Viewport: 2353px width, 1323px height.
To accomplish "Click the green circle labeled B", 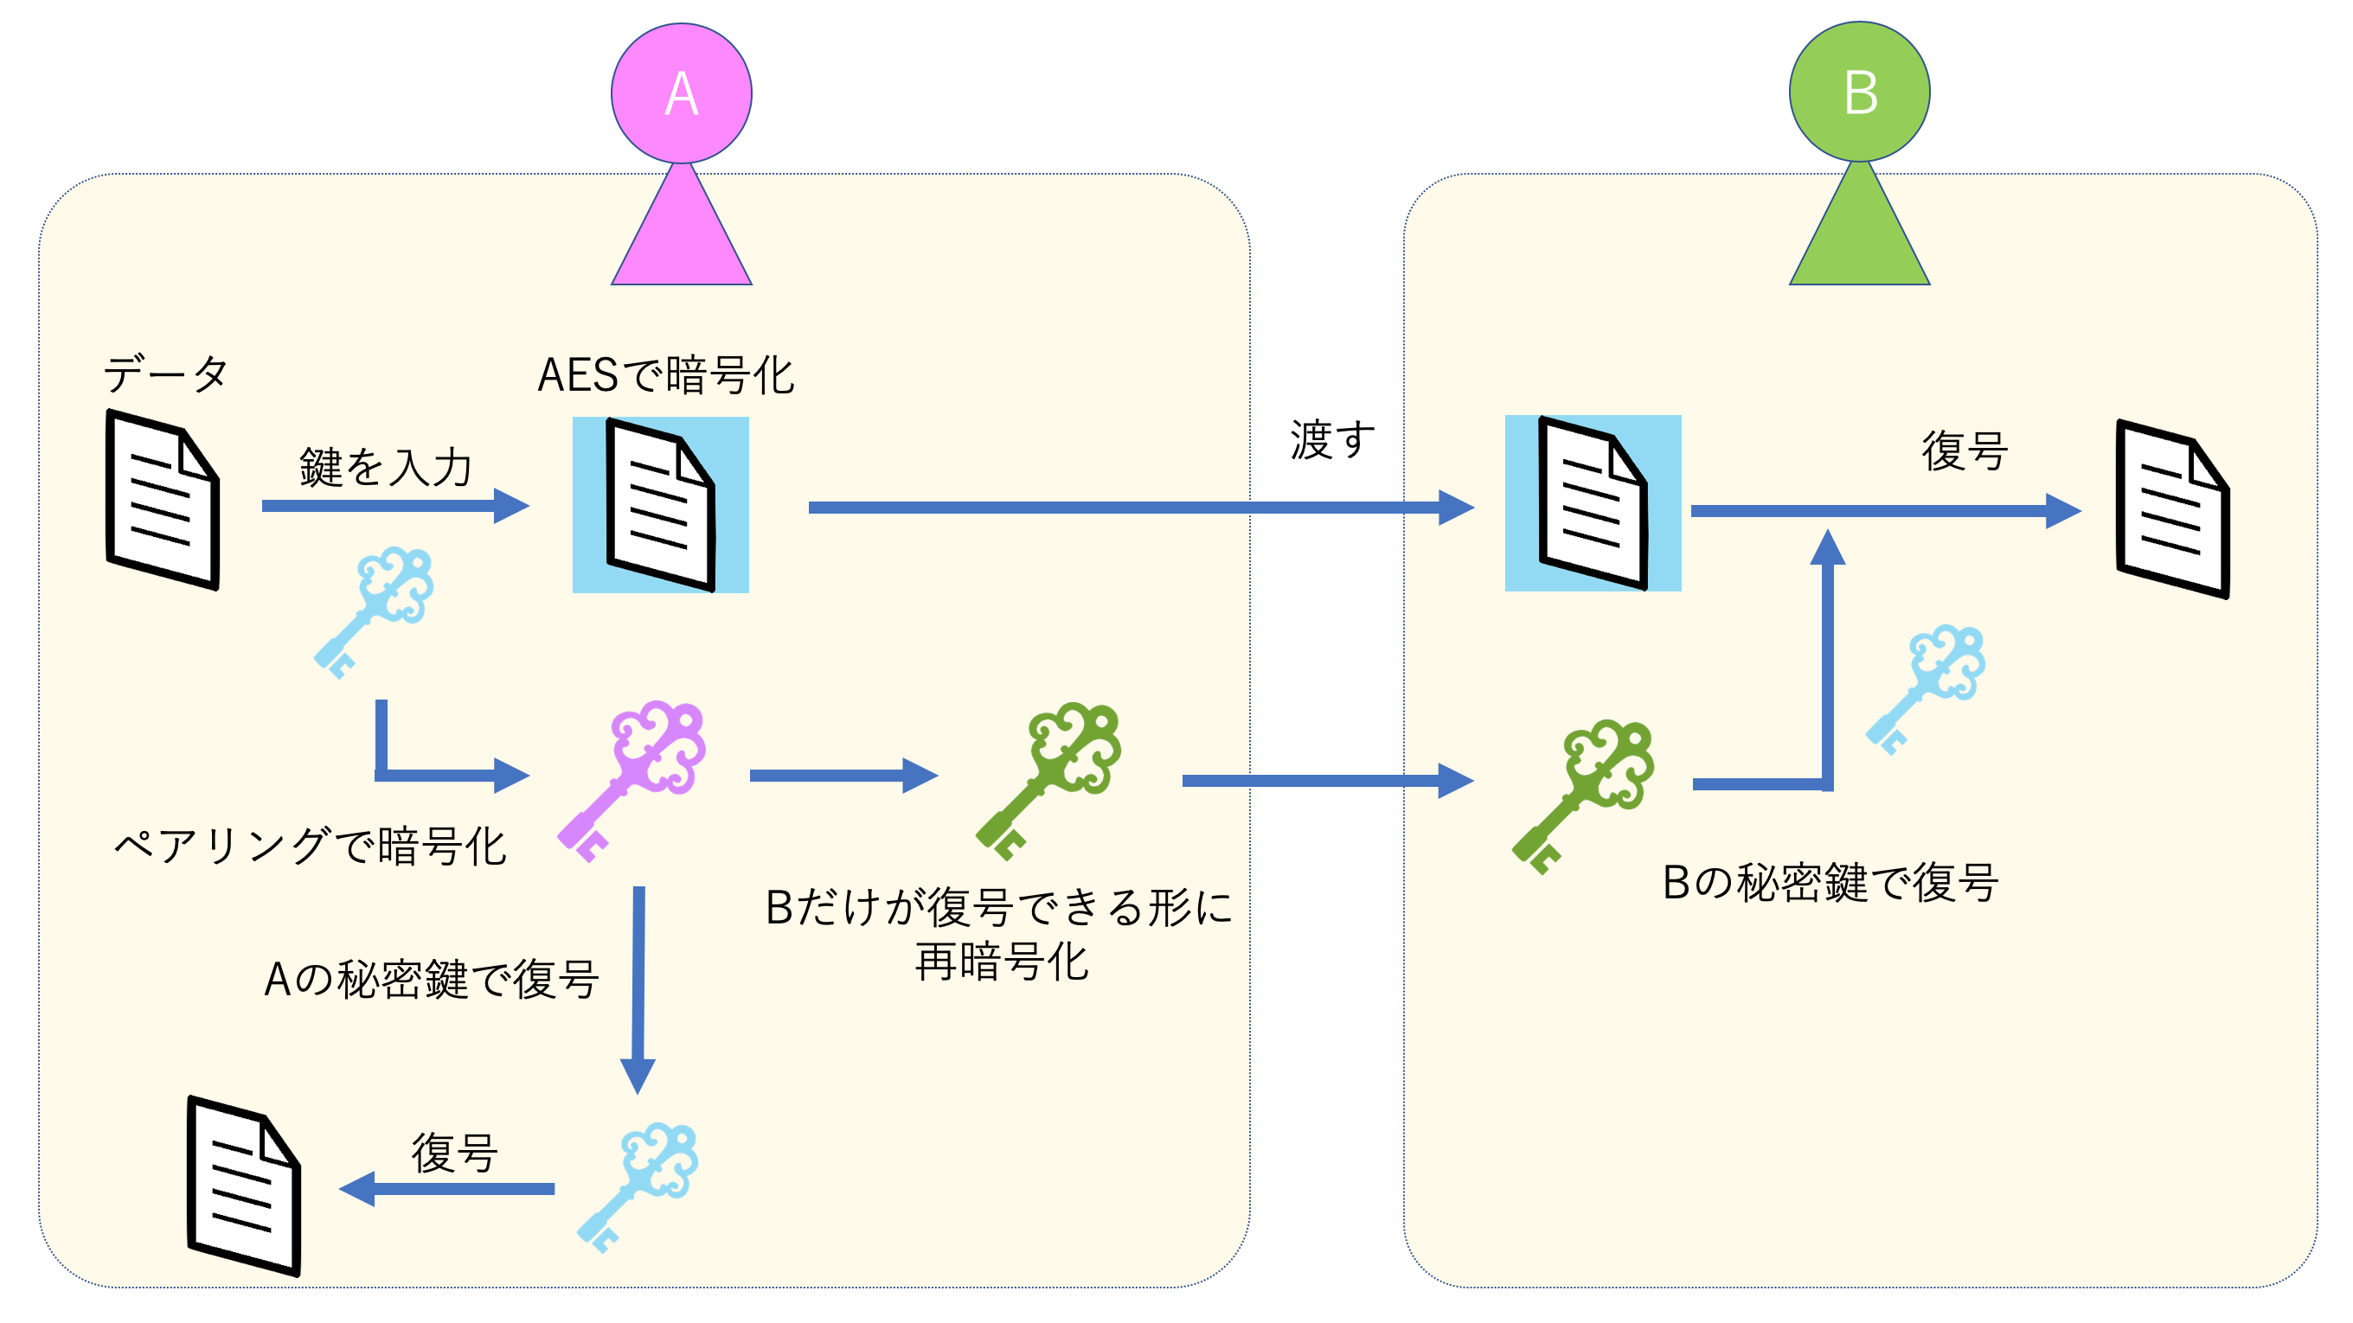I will [x=1859, y=92].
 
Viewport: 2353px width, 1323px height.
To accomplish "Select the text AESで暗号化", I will [x=665, y=375].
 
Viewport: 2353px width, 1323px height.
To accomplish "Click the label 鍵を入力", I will [x=385, y=468].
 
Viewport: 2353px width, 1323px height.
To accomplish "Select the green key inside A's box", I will [x=1050, y=777].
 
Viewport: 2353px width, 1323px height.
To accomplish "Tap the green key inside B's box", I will [x=1585, y=794].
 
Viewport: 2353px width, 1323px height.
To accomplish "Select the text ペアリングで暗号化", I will [x=310, y=847].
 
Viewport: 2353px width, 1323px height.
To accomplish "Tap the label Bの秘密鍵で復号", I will [x=1830, y=883].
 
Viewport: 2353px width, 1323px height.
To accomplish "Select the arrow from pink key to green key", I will [x=841, y=775].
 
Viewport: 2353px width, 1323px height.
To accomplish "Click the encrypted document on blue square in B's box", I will [x=1592, y=503].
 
